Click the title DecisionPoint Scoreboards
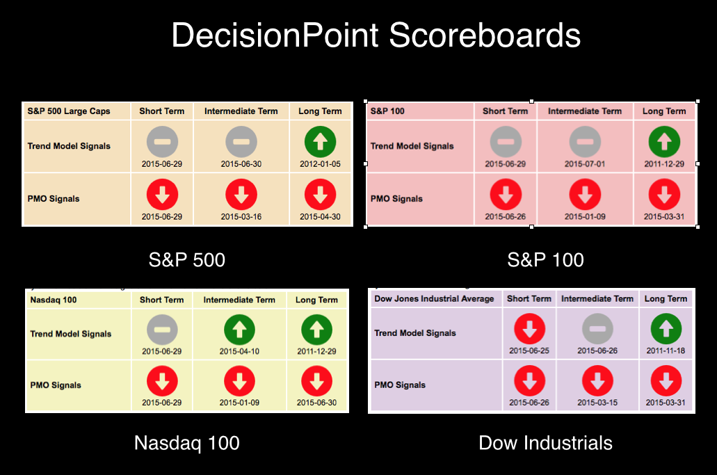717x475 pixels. pyautogui.click(x=376, y=35)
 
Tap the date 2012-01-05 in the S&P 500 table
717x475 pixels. pyautogui.click(x=320, y=164)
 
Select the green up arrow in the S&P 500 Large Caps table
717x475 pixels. pyautogui.click(x=320, y=142)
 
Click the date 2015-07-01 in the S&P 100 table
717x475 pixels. pyautogui.click(x=585, y=164)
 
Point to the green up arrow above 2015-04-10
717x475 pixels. pyautogui.click(x=239, y=330)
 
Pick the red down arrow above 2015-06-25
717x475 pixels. pyautogui.click(x=529, y=329)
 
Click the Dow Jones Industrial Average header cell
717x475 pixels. pyautogui.click(x=435, y=298)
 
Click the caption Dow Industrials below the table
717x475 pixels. pyautogui.click(x=545, y=443)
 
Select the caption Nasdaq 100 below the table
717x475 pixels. pyautogui.click(x=186, y=443)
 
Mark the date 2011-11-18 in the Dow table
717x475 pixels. pyautogui.click(x=666, y=351)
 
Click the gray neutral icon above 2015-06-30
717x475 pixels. pyautogui.click(x=241, y=142)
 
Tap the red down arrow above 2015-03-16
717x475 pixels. pyautogui.click(x=241, y=194)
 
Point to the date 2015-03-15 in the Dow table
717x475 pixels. pyautogui.click(x=597, y=403)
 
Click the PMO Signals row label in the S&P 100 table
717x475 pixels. pyautogui.click(x=396, y=199)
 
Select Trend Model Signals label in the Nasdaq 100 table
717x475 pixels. pyautogui.click(x=71, y=334)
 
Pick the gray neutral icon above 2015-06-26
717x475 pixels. pyautogui.click(x=597, y=329)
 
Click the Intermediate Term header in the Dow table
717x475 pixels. pyautogui.click(x=597, y=298)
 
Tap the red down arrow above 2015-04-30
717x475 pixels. pyautogui.click(x=320, y=194)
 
